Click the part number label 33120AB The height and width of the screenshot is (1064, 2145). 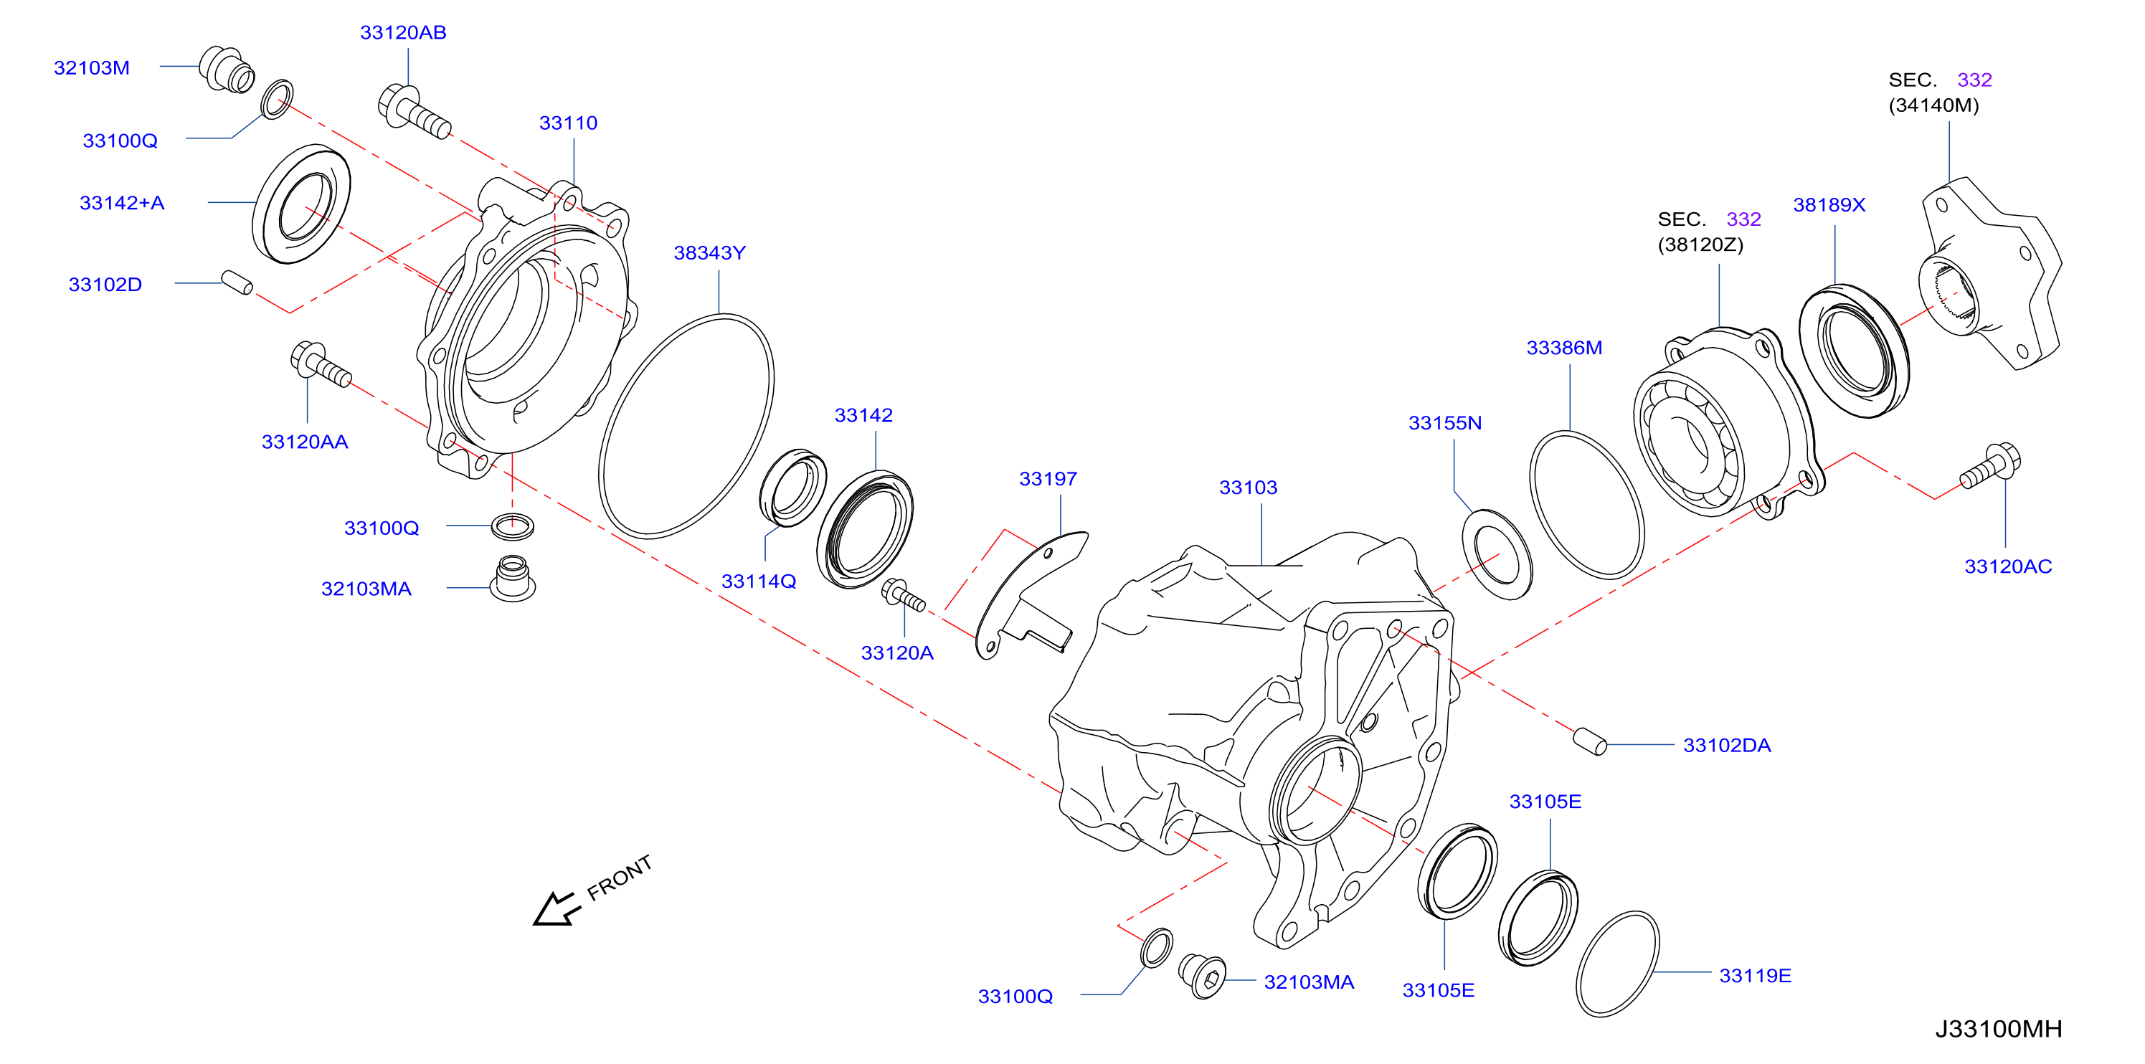pos(403,32)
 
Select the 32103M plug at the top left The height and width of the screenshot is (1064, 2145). pos(227,70)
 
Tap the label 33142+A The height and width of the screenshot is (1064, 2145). pos(122,203)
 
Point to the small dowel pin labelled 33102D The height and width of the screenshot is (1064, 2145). pos(237,282)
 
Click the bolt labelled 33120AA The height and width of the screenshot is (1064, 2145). pos(321,366)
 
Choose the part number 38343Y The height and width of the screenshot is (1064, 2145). pos(709,253)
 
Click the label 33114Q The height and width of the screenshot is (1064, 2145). pos(759,581)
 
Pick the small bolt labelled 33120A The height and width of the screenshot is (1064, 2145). pos(904,595)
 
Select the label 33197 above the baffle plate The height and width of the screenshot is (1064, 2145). pos(1048,479)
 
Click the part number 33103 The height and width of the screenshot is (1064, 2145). pos(1247,488)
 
